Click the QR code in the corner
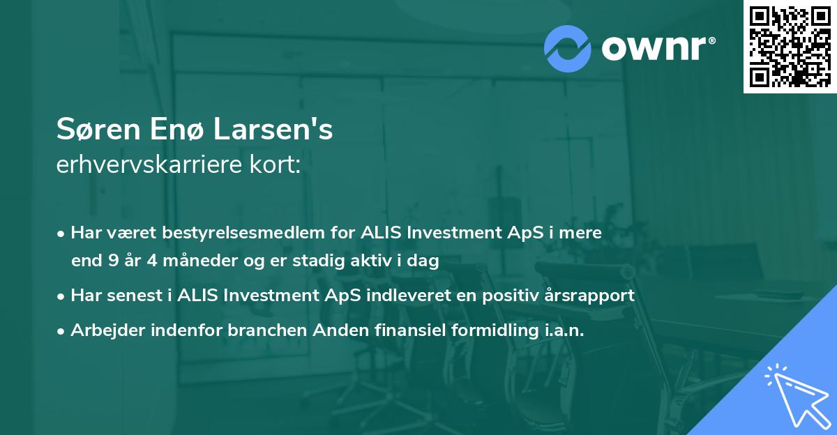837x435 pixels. pos(790,46)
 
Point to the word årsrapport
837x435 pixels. pos(592,296)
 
